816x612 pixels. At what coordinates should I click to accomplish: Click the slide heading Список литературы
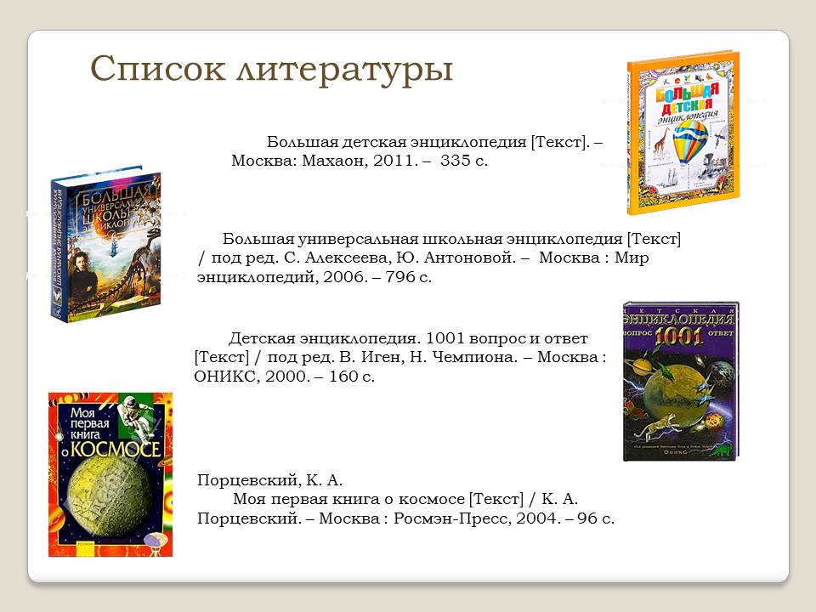pos(271,69)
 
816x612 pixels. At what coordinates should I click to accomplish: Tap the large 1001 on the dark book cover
pos(681,334)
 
